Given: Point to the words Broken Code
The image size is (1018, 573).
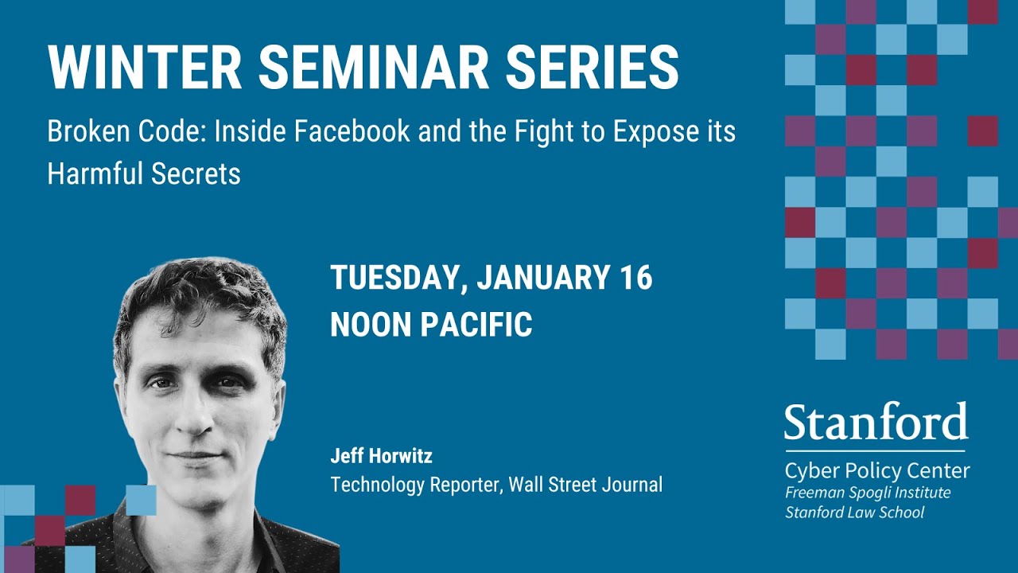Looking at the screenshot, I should (x=120, y=131).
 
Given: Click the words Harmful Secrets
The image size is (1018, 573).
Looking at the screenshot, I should (x=144, y=173).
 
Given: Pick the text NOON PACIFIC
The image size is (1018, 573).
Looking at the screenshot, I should (x=431, y=324).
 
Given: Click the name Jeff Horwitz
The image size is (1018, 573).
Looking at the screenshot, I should (x=381, y=457).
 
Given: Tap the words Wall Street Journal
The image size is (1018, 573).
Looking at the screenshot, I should (x=585, y=484).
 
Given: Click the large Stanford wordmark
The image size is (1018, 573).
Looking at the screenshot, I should (x=876, y=423).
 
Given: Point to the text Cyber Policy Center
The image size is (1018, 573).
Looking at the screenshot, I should (x=876, y=470).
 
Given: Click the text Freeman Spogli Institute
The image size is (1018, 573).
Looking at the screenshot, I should (x=868, y=493).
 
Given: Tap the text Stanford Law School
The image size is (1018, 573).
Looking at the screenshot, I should (x=855, y=513).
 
